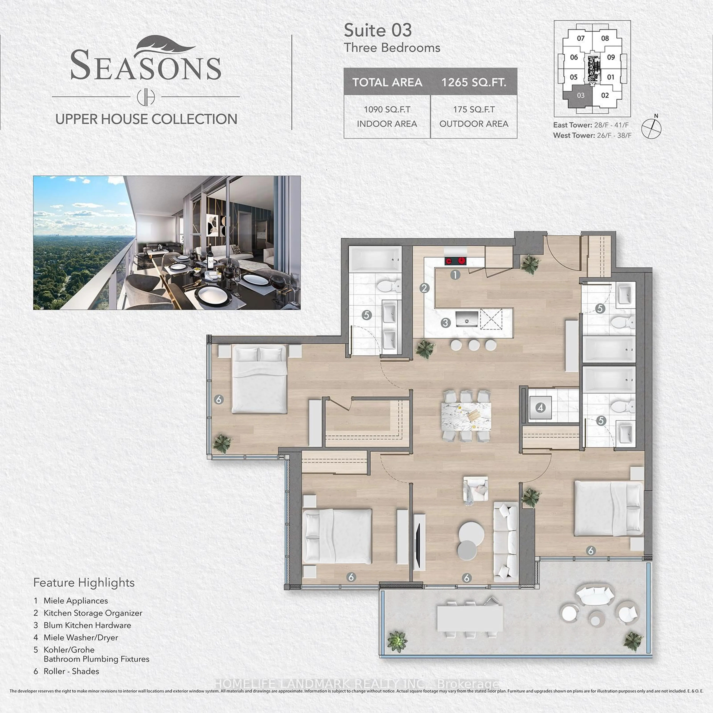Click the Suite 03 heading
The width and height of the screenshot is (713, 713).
point(377,30)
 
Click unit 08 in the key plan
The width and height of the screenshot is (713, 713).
point(605,38)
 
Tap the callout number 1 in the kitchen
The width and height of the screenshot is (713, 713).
point(455,275)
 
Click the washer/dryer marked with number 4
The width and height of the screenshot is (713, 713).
point(540,408)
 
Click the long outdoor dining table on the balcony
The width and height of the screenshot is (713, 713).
point(470,618)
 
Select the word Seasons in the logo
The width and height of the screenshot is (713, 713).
point(146,66)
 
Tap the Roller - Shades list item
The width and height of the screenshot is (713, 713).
point(71,671)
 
